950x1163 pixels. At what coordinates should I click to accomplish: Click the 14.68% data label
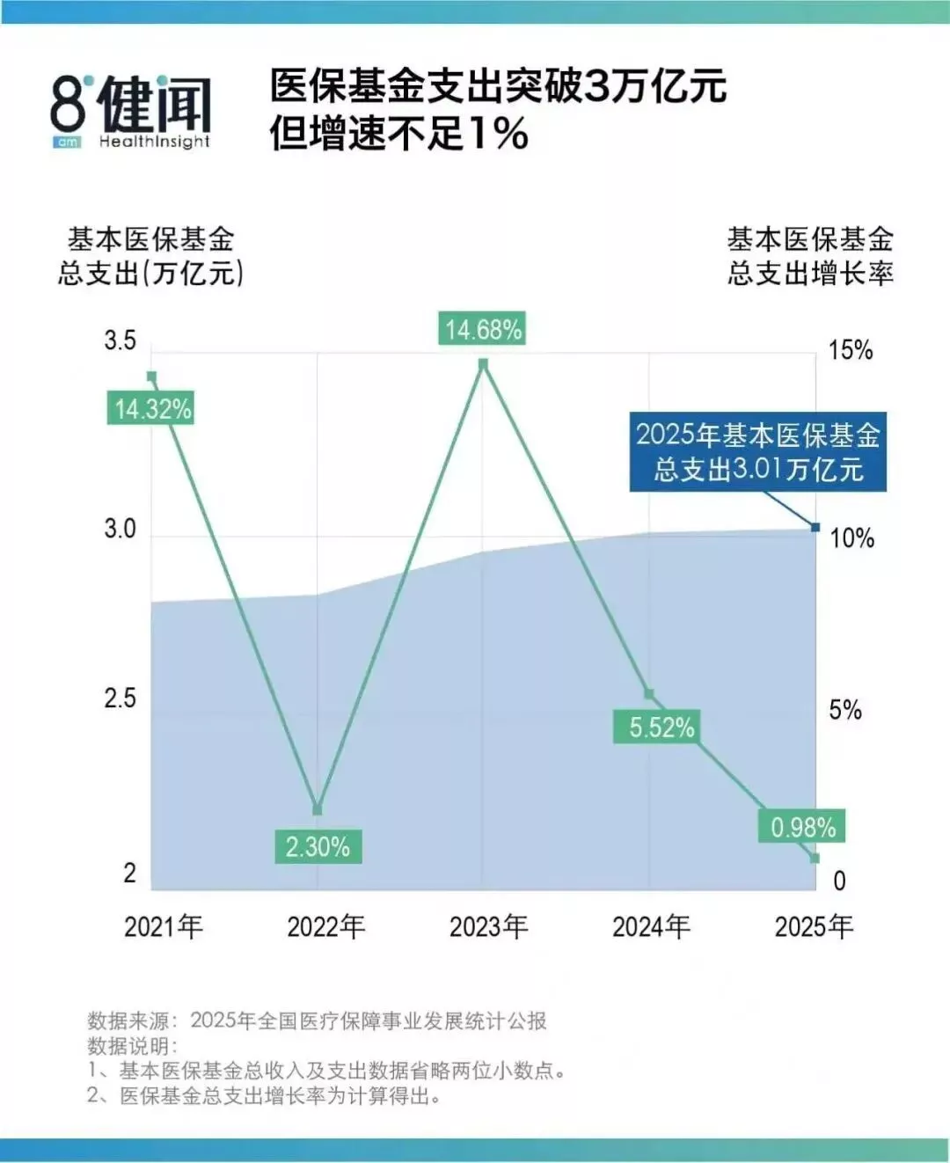point(482,329)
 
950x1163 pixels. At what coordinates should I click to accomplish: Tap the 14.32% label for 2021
point(150,408)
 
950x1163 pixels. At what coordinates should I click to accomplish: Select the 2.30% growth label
point(318,846)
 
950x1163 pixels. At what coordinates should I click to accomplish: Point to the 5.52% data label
point(657,727)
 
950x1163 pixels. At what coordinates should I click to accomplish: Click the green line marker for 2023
point(483,364)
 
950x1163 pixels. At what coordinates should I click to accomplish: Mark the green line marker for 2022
point(317,809)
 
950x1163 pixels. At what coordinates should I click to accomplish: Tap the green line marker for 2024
point(649,694)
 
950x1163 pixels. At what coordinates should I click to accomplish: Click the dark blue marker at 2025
point(815,527)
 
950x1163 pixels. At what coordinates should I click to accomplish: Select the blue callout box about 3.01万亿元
point(758,451)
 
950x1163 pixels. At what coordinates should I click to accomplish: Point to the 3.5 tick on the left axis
point(121,340)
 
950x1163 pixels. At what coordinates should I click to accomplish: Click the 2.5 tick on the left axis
point(121,699)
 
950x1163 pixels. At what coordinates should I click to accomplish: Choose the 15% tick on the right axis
point(851,349)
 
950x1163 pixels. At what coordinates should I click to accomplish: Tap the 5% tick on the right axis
point(845,710)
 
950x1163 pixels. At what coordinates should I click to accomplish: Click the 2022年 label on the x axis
point(325,927)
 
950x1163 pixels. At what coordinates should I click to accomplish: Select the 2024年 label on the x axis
point(651,927)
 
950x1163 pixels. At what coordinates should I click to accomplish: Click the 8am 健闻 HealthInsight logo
point(131,111)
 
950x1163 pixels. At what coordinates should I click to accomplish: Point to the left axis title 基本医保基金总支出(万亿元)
point(150,256)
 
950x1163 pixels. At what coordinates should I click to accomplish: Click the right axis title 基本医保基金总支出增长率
point(810,256)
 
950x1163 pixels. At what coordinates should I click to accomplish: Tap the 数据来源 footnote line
point(317,1020)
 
